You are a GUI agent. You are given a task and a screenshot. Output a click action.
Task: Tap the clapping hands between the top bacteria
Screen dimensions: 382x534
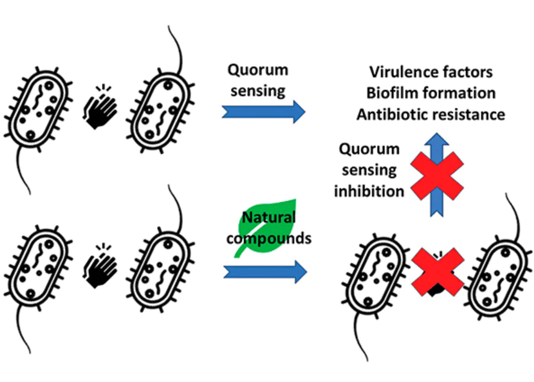point(98,108)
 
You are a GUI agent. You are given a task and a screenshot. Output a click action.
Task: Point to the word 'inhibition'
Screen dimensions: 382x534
point(369,191)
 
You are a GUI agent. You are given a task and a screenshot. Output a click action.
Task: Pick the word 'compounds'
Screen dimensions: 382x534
point(272,238)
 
